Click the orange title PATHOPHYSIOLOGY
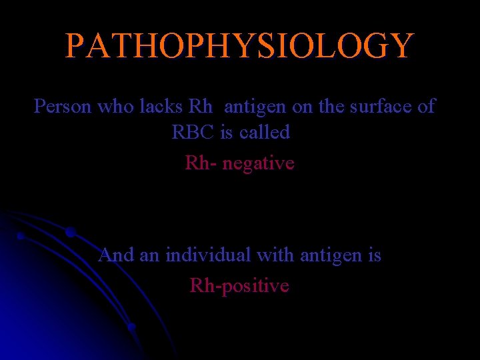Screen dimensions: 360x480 point(239,46)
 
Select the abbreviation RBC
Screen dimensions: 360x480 point(193,132)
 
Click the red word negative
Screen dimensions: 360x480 point(258,163)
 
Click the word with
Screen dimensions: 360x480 point(276,255)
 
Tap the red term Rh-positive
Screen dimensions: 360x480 point(239,286)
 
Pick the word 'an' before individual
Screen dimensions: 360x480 point(149,255)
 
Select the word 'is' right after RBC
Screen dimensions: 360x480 point(226,132)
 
